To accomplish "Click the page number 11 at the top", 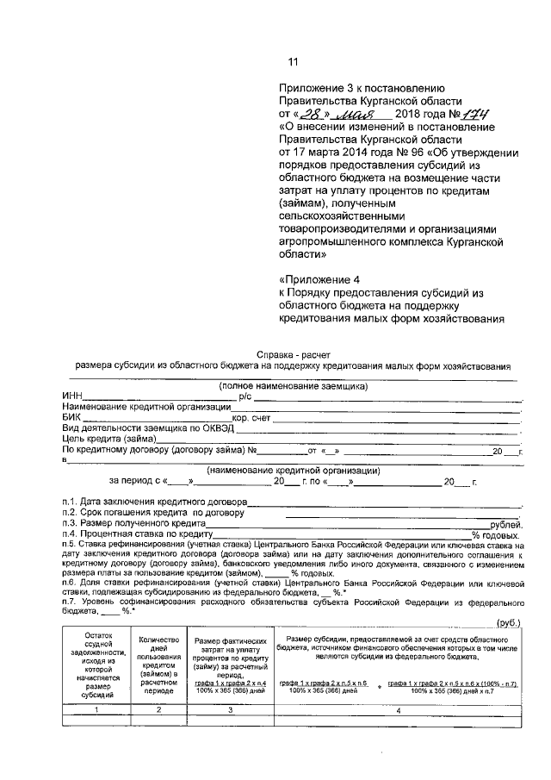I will pos(293,61).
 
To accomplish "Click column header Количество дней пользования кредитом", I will pos(158,660).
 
